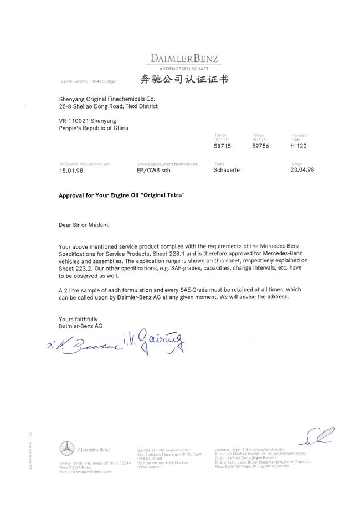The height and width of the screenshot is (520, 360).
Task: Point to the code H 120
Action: pyautogui.click(x=298, y=146)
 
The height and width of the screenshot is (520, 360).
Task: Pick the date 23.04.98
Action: pyautogui.click(x=302, y=170)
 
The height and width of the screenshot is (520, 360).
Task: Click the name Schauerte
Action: pyautogui.click(x=227, y=170)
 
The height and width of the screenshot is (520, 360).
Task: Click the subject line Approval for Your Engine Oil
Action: pyautogui.click(x=121, y=195)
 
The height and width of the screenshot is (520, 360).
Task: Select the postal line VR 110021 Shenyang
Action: pyautogui.click(x=87, y=120)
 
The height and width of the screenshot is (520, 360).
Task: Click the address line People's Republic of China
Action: pyautogui.click(x=93, y=128)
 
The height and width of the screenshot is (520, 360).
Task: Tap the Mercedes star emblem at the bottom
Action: pyautogui.click(x=67, y=448)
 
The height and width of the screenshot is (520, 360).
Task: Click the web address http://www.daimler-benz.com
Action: pyautogui.click(x=85, y=471)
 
